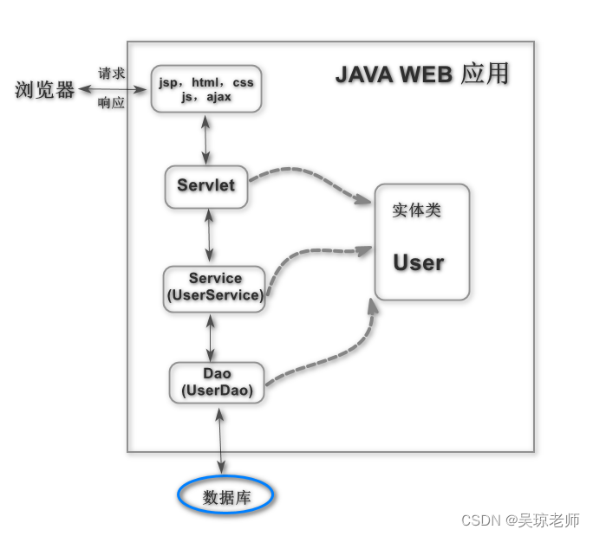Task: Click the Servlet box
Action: (x=206, y=185)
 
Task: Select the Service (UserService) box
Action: (x=214, y=287)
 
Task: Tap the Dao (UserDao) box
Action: (x=217, y=382)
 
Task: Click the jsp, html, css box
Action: (x=206, y=89)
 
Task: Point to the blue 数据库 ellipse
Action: (x=225, y=496)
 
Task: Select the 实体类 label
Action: (x=416, y=210)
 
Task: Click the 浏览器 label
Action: (x=45, y=90)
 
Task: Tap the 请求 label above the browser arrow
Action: (x=112, y=74)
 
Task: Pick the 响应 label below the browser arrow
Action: (x=112, y=103)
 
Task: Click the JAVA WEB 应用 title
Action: (x=421, y=75)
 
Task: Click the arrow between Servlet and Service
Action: (x=209, y=236)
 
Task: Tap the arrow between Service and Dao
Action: (x=210, y=337)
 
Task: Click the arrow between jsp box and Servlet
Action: (x=206, y=138)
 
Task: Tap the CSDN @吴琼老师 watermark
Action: (x=520, y=520)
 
